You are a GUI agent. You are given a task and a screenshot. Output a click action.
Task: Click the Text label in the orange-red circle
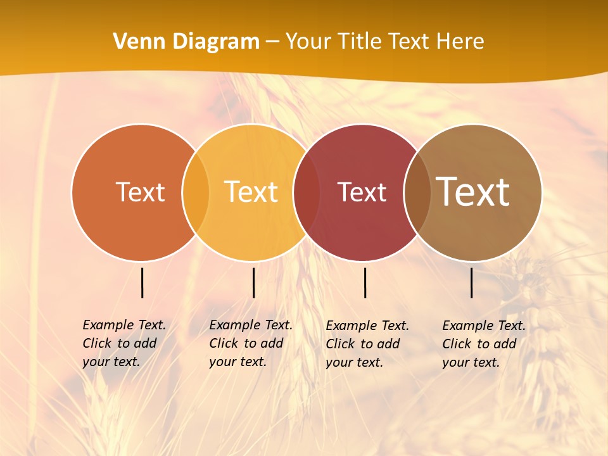pos(140,192)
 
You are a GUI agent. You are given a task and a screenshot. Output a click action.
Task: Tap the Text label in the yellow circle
pos(251,192)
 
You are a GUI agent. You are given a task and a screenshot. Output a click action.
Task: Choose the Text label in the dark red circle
pos(362,192)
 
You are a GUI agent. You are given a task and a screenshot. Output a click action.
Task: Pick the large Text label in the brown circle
pos(473,192)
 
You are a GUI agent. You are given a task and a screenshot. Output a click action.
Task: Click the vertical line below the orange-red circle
pos(142,282)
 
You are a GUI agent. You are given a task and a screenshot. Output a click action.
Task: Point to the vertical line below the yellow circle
pos(253,282)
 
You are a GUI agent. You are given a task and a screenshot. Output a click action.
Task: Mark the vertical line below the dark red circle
pos(365,282)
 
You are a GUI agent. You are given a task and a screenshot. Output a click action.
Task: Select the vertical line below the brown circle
pos(472,282)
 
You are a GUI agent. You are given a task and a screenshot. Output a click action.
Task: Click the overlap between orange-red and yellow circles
pos(196,192)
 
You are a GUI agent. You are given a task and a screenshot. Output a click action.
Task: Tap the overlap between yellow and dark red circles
pos(307,192)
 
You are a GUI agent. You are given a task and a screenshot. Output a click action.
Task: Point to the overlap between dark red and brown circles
pos(417,192)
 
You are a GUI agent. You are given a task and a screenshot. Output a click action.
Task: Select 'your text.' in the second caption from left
pos(237,362)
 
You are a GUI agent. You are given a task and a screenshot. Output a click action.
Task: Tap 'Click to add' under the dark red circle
pos(363,344)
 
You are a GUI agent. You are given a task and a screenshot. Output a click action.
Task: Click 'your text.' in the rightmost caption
pos(471,362)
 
